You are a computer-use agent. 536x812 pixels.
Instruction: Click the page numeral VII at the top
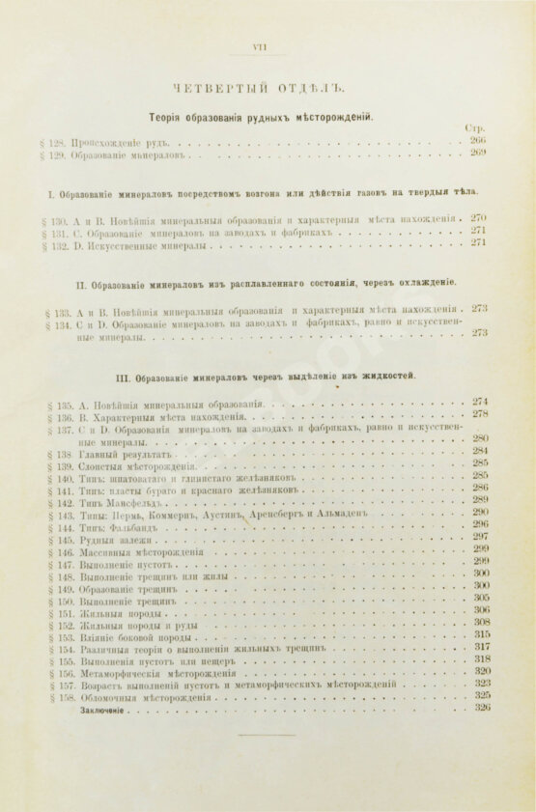259,47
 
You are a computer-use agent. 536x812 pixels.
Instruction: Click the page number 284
480,451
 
